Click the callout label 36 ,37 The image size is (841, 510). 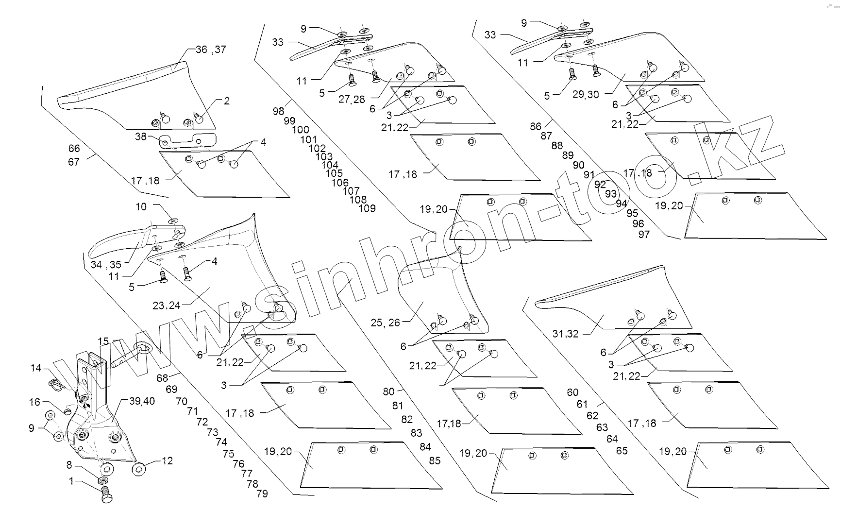pyautogui.click(x=211, y=50)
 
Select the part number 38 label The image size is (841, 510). pyautogui.click(x=141, y=137)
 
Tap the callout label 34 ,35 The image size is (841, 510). pyautogui.click(x=106, y=265)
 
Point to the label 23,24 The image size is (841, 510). pyautogui.click(x=167, y=306)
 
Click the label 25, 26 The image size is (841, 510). pyautogui.click(x=385, y=323)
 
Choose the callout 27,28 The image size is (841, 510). pyautogui.click(x=352, y=100)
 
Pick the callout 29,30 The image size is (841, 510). pyautogui.click(x=586, y=95)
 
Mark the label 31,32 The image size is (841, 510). pyautogui.click(x=566, y=334)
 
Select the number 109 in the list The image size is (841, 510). pyautogui.click(x=367, y=208)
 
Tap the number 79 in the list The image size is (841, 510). pyautogui.click(x=262, y=494)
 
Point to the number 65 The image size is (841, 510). pyautogui.click(x=622, y=450)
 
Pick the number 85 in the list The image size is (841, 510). pyautogui.click(x=435, y=460)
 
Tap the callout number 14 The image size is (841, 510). pyautogui.click(x=36, y=368)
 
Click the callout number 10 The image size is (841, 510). pyautogui.click(x=141, y=207)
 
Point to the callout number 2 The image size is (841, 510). pyautogui.click(x=226, y=101)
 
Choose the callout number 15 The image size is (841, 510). pyautogui.click(x=103, y=341)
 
